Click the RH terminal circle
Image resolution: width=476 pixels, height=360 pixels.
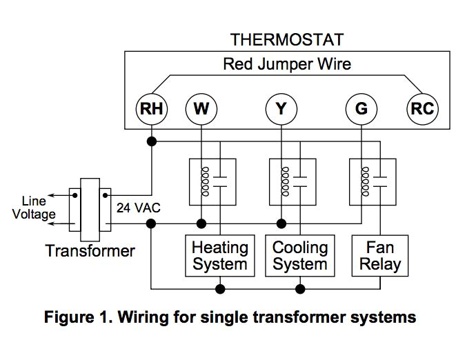click(151, 109)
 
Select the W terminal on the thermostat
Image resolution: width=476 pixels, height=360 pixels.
click(201, 109)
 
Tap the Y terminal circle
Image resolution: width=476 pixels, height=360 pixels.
click(281, 109)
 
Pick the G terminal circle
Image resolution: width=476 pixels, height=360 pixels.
click(361, 109)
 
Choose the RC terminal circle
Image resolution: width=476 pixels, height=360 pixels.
click(422, 109)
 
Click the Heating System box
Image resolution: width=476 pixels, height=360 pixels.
click(219, 255)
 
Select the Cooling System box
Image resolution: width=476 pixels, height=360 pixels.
click(299, 255)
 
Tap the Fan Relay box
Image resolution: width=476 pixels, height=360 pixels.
click(379, 255)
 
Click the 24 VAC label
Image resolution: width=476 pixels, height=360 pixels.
click(135, 208)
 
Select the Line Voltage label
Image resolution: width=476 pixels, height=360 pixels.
click(33, 208)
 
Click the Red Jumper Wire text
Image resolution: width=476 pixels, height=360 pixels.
click(286, 65)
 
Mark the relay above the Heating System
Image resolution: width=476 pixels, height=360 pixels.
click(212, 181)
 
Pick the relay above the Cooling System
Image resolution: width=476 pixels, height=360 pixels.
click(292, 181)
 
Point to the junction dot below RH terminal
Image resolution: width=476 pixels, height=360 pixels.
click(151, 141)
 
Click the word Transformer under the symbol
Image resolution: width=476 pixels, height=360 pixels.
click(90, 250)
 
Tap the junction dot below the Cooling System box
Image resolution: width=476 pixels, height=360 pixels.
click(299, 288)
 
